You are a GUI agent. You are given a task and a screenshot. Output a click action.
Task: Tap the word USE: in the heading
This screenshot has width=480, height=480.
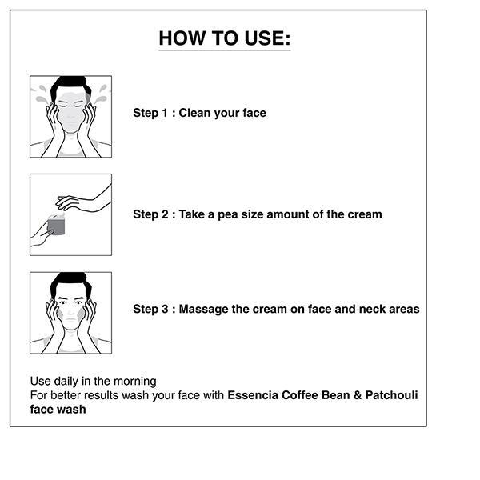[x=267, y=38]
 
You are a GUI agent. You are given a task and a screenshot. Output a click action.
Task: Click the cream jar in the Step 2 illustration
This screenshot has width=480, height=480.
[x=56, y=225]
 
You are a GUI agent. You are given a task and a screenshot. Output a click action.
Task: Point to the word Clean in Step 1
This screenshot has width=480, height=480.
[x=194, y=113]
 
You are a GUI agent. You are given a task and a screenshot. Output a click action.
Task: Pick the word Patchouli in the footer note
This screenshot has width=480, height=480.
[x=391, y=395]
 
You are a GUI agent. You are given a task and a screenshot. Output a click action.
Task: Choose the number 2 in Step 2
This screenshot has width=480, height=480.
[x=165, y=214]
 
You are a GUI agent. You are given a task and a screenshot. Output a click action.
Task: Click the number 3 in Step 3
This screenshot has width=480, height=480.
[x=165, y=309]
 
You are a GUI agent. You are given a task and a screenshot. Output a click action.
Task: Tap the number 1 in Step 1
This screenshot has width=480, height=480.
[x=165, y=113]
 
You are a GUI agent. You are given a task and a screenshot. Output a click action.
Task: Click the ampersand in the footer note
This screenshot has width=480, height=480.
[x=358, y=395]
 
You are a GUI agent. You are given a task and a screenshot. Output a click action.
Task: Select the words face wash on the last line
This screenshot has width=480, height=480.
[x=58, y=410]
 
